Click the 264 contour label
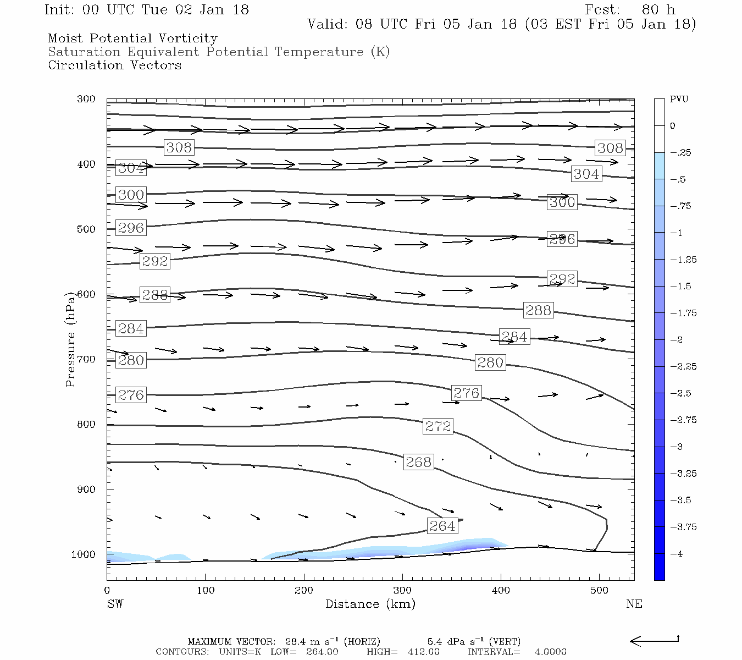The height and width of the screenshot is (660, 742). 442,526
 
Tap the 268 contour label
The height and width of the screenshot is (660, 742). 418,462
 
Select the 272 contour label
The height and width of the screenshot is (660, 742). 438,426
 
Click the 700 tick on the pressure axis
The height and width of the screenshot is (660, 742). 86,359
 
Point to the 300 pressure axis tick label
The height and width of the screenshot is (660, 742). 86,99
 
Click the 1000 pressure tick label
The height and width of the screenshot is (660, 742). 84,554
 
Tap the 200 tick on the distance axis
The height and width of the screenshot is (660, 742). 304,591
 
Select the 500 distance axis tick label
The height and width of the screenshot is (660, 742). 599,591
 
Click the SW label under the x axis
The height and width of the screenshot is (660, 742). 115,604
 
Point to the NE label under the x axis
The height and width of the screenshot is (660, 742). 634,604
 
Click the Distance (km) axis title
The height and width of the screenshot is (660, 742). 370,604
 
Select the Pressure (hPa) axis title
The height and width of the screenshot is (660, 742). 70,339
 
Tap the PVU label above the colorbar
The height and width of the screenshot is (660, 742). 679,100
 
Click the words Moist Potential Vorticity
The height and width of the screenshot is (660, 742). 132,38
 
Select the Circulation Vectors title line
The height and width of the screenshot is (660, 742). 114,65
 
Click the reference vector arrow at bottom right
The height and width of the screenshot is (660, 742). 654,641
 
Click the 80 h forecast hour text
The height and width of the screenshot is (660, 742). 658,10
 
